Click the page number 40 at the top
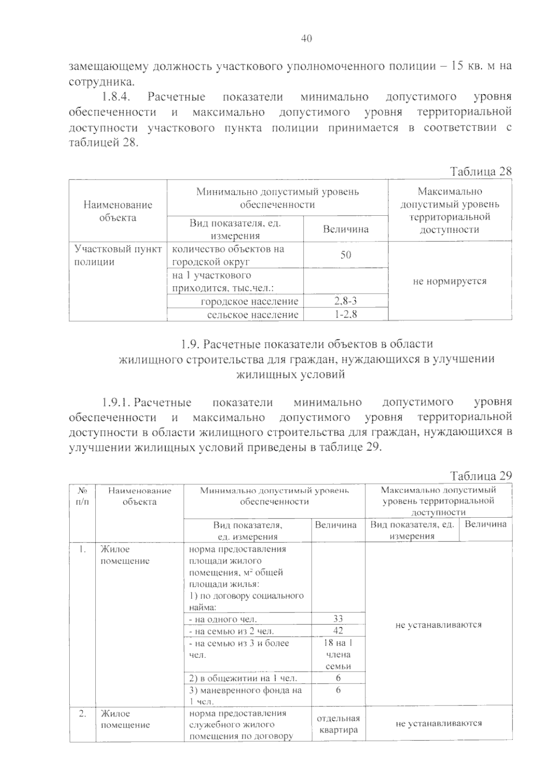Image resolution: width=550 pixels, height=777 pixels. point(306,39)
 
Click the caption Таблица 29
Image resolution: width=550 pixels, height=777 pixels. point(480,476)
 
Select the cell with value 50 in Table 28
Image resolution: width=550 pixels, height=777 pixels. point(346,255)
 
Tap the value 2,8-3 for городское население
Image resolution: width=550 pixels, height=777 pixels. point(346,301)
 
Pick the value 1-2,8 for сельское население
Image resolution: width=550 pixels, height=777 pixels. point(346,314)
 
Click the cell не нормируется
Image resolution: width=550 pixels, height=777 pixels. point(450,281)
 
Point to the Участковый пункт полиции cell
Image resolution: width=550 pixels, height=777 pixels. point(118,255)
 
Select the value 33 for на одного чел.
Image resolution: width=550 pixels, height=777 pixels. point(338,618)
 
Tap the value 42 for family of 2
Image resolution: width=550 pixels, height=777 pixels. point(338,630)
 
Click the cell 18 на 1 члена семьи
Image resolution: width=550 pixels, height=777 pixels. point(338,654)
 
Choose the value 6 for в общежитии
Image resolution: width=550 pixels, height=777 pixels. point(338,678)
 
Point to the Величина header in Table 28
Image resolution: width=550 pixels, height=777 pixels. point(346,229)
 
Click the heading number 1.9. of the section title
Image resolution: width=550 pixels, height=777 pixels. point(188,344)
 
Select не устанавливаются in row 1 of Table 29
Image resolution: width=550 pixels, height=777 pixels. point(438,624)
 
